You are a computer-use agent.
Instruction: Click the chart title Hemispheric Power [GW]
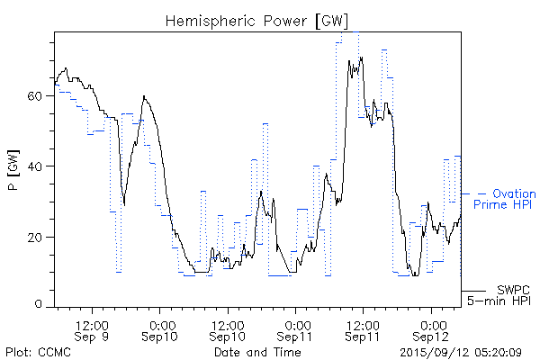coord(256,20)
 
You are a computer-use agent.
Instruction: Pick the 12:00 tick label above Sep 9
coord(92,324)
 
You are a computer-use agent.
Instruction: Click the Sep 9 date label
coord(92,337)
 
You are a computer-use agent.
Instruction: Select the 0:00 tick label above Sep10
coord(160,324)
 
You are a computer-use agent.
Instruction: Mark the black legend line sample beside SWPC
coord(473,291)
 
